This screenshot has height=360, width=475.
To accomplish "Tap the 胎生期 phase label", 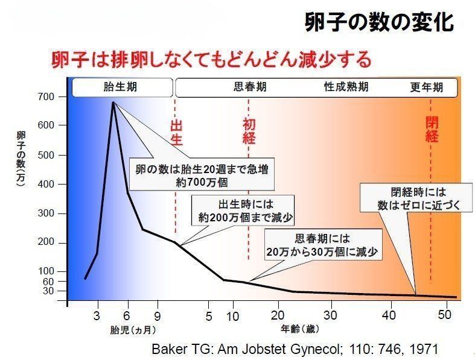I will point(120,87).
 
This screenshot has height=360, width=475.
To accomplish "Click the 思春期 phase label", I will point(249,87).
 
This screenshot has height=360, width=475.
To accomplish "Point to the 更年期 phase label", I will point(426,87).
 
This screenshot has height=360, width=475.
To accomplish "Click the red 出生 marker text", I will point(176,132).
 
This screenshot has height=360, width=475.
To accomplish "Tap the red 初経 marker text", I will point(249,131).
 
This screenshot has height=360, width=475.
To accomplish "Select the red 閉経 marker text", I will point(432,128).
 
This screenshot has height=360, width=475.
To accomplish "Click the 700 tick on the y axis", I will point(48,96).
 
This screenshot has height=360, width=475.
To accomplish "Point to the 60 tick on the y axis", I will point(49,281).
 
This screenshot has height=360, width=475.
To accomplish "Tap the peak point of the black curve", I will point(113,102).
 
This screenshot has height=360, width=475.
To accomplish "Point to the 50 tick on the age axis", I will point(445,315).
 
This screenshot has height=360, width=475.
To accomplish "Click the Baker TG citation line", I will point(294,349).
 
